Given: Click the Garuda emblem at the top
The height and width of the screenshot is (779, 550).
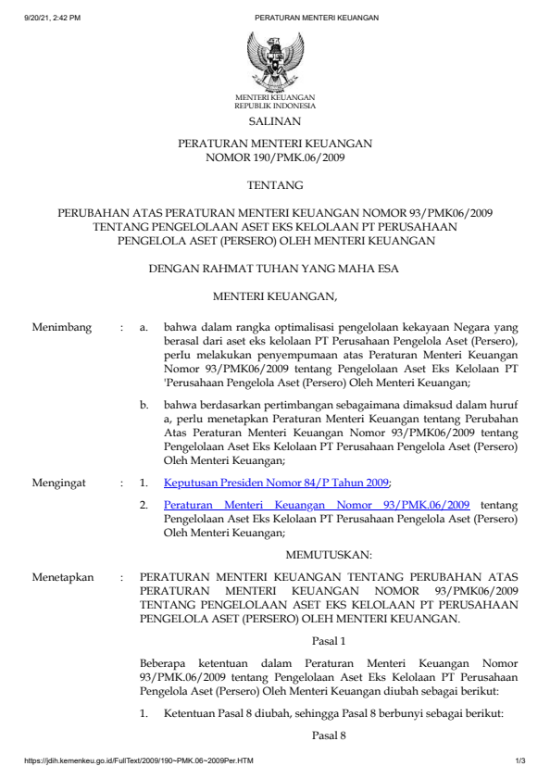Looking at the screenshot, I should [x=274, y=60].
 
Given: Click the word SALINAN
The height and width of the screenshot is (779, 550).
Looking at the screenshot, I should [x=274, y=121].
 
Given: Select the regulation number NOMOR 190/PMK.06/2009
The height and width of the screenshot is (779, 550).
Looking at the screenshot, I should [x=274, y=158].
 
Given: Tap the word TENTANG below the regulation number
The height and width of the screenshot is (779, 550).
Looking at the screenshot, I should [x=274, y=186].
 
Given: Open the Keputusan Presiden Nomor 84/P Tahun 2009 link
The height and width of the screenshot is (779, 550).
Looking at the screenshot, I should [x=276, y=483].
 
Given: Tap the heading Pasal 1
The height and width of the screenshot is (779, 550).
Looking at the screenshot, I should [x=329, y=640].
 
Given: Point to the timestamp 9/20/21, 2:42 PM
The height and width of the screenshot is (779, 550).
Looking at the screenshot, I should [x=53, y=18].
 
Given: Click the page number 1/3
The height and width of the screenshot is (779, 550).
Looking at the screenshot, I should [x=520, y=761].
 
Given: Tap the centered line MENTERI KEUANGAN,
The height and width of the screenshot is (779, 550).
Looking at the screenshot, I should [x=274, y=297].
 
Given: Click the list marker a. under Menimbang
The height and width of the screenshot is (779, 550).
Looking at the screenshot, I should [x=144, y=328].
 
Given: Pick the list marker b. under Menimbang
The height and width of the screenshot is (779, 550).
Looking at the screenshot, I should [x=144, y=405].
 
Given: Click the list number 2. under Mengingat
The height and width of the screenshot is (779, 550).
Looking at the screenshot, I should [x=144, y=505].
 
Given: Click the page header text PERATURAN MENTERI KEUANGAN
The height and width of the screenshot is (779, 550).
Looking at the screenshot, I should [x=316, y=18].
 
